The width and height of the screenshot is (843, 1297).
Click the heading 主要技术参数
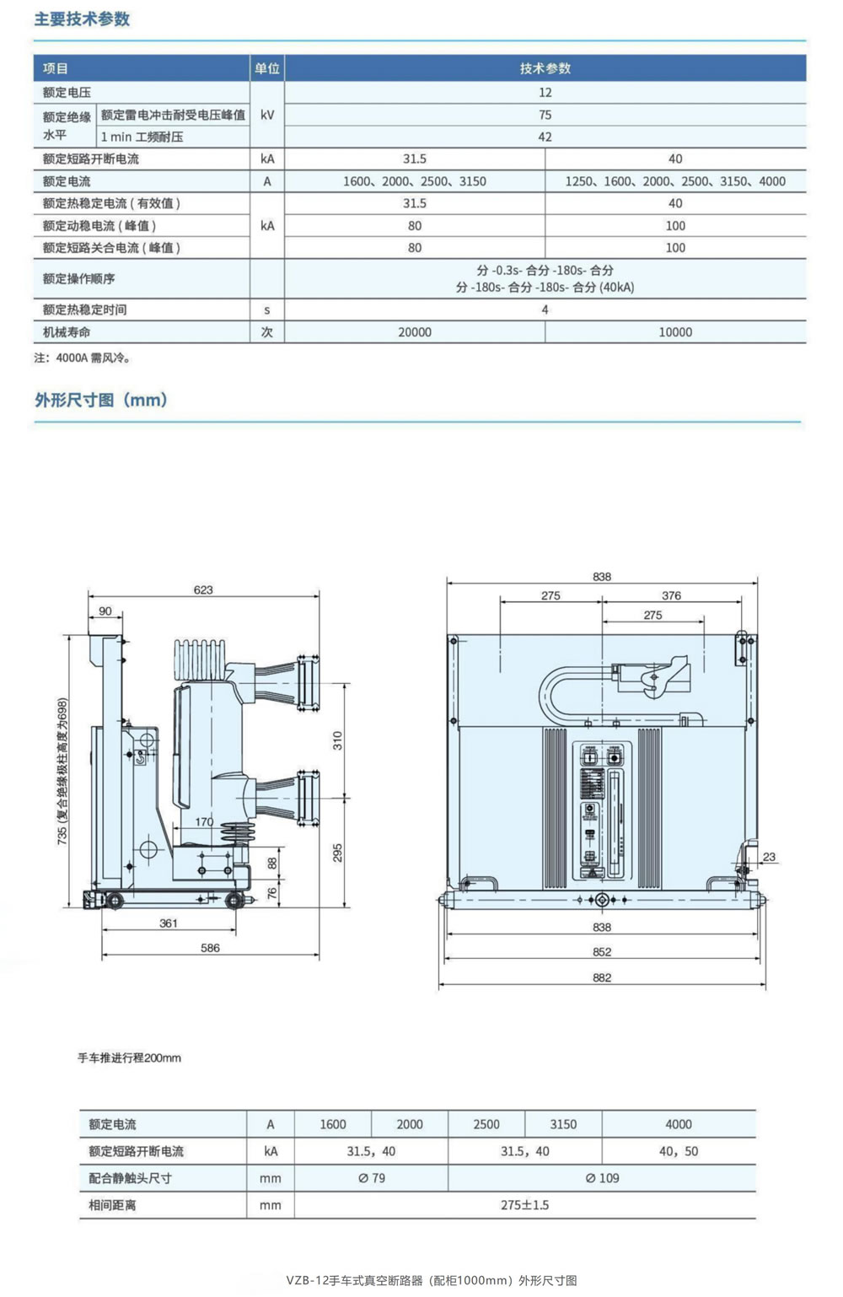[x=82, y=19]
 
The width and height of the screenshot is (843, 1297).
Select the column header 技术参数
[x=545, y=68]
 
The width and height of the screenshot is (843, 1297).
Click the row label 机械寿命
[x=67, y=332]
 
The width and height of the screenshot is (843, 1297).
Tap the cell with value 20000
[x=415, y=332]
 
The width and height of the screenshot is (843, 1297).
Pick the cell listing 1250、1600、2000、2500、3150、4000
[x=675, y=181]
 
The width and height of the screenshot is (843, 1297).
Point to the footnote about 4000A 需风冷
[x=83, y=358]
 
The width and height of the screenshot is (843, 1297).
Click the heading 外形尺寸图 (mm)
[x=101, y=400]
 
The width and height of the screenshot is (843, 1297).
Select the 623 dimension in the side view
[x=203, y=589]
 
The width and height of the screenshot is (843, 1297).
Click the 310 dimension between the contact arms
[x=337, y=740]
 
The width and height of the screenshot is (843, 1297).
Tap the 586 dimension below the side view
[x=210, y=948]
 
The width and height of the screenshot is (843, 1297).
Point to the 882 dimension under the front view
[x=602, y=977]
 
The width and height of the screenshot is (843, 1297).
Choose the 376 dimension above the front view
[x=671, y=595]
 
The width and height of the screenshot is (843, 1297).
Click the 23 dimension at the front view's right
[x=769, y=857]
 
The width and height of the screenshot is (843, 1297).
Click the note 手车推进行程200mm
[x=129, y=1058]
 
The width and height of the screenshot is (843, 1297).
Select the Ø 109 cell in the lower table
[x=602, y=1178]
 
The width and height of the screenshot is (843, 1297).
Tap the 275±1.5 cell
[x=524, y=1205]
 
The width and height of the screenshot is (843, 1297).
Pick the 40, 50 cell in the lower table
[x=679, y=1151]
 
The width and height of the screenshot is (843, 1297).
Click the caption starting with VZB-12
[x=432, y=1280]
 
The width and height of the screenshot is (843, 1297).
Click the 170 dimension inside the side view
[x=204, y=821]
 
